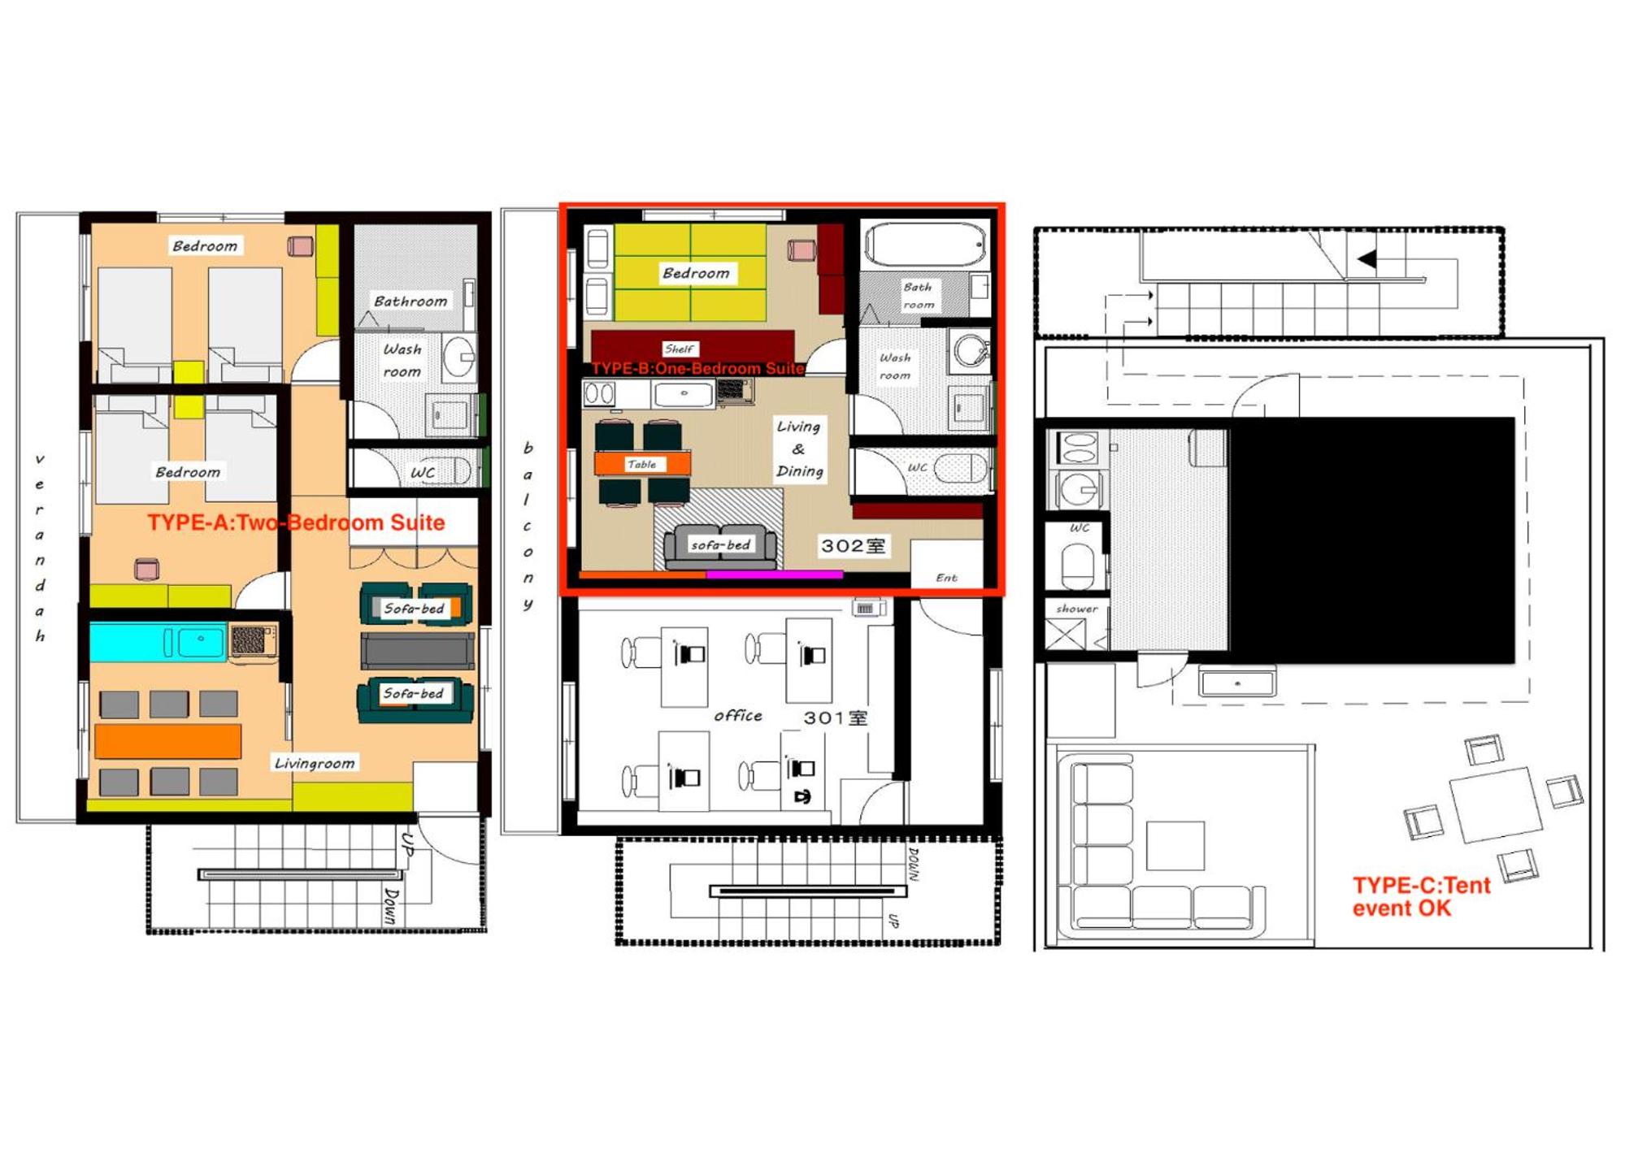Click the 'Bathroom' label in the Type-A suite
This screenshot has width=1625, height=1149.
(411, 301)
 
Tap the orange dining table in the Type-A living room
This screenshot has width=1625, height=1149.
(167, 741)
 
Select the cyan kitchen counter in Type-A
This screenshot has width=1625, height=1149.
(158, 642)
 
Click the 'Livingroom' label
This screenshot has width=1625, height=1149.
(315, 763)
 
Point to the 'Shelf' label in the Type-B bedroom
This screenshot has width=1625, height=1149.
(679, 349)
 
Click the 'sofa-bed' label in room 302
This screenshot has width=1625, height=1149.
(721, 544)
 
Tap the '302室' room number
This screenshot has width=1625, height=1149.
(853, 546)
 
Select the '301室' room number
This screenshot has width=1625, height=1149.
(836, 718)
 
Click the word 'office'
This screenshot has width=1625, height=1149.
(738, 715)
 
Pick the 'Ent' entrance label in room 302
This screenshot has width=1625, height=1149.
(946, 578)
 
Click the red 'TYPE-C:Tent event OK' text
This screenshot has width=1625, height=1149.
(1422, 896)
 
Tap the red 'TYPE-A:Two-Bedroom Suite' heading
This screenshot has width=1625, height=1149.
(296, 522)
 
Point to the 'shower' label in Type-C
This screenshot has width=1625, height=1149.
(1077, 609)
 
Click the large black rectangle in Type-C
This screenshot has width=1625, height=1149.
(1371, 540)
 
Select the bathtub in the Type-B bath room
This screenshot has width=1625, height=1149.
(925, 244)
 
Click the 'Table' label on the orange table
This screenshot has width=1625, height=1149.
(641, 464)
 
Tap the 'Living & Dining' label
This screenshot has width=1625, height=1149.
(799, 449)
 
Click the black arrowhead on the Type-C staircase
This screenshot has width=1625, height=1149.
(1367, 259)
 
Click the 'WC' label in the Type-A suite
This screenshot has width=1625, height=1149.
(423, 472)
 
